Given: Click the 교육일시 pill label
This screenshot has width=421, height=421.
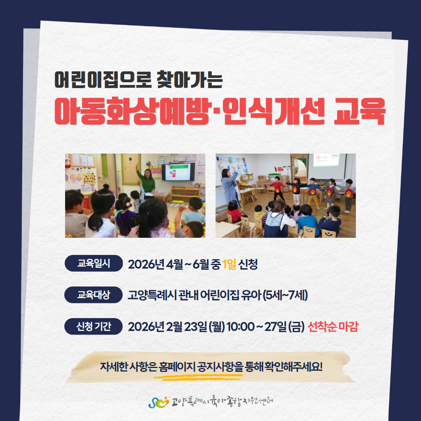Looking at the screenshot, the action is click(94, 264).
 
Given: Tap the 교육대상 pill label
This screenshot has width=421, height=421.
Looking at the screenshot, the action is click(94, 295).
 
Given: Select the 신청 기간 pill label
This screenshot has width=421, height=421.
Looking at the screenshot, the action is click(94, 327).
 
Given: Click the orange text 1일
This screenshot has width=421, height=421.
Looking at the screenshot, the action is click(229, 264).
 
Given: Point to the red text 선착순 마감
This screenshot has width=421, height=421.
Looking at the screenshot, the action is click(333, 327).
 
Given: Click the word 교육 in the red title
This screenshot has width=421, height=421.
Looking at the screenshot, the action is click(359, 111).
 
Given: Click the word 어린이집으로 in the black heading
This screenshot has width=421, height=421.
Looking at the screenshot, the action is click(103, 80).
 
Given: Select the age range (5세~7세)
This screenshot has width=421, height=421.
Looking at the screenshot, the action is click(285, 295).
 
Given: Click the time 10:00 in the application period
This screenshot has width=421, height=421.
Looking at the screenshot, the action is click(240, 327).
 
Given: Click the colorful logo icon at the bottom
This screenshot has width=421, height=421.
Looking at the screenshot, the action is click(159, 402).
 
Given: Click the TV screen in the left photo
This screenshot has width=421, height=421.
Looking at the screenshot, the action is click(178, 172).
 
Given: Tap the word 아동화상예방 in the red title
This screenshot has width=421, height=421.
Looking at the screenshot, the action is click(132, 111).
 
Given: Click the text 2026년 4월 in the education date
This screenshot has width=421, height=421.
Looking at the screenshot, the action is click(155, 264).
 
